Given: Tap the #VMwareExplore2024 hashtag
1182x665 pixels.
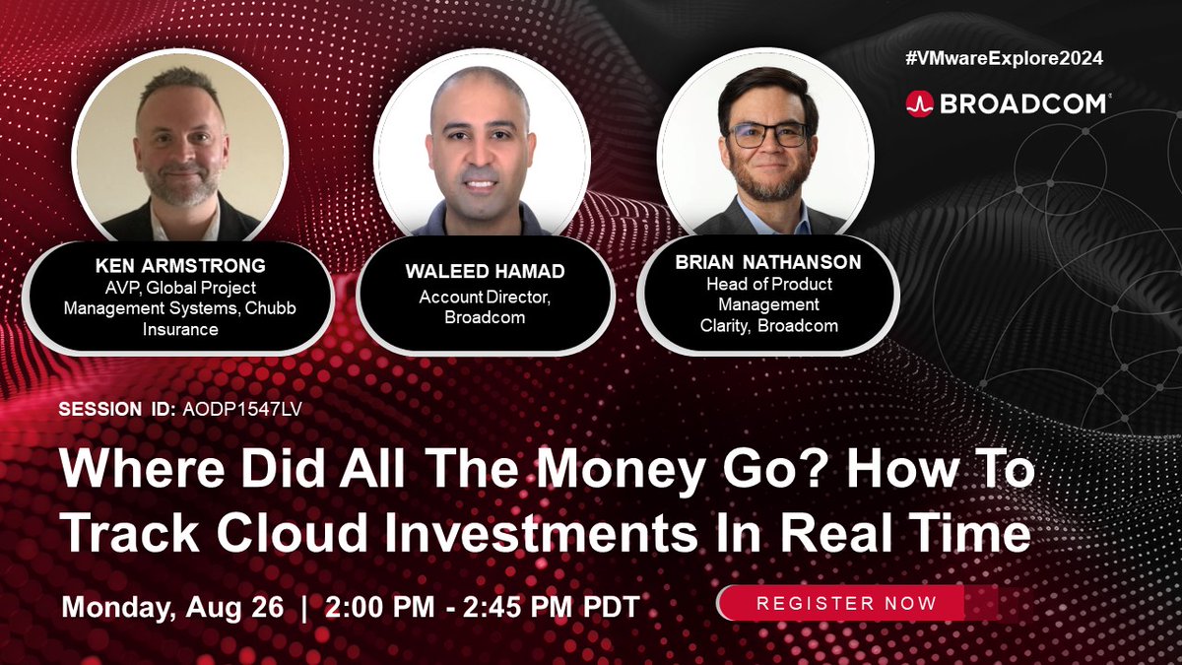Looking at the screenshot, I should [1004, 58].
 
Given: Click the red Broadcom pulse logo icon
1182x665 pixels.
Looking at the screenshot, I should [919, 104].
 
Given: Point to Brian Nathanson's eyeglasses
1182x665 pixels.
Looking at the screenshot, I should [767, 135].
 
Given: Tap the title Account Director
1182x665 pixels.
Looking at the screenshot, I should [483, 298].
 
